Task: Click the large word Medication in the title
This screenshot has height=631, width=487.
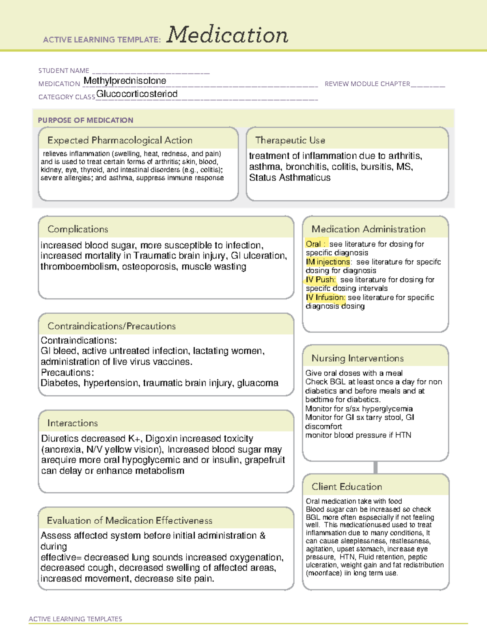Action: click(227, 35)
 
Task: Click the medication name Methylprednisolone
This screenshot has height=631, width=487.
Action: click(125, 81)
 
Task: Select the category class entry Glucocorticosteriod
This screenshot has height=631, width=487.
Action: click(137, 94)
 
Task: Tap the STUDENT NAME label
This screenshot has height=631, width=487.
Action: click(64, 71)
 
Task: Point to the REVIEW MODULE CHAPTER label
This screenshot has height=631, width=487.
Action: click(367, 84)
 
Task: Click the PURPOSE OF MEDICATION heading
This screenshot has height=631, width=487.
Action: click(85, 120)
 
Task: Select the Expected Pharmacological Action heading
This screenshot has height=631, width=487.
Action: click(120, 140)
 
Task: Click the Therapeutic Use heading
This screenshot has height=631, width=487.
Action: click(290, 140)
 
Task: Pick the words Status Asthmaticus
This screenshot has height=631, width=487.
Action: click(290, 178)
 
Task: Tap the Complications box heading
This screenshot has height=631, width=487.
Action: click(78, 229)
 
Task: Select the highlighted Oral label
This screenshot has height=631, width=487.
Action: click(313, 244)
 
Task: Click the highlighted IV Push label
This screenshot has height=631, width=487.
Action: click(321, 280)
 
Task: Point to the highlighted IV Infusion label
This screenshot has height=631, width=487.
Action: click(325, 297)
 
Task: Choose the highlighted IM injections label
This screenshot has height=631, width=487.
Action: click(328, 262)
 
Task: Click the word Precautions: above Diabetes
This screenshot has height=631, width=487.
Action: click(67, 372)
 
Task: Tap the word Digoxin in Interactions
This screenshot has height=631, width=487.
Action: click(161, 438)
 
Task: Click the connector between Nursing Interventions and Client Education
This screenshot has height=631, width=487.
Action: click(375, 467)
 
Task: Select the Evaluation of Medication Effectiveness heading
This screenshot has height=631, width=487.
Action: click(129, 520)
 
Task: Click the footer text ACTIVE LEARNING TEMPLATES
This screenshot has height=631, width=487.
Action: click(75, 619)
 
